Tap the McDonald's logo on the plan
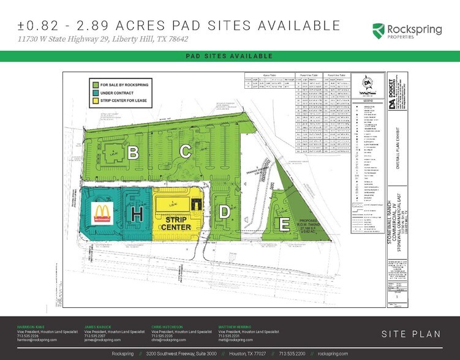[x=103, y=212]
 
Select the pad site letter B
[x=133, y=153]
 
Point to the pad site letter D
[x=225, y=212]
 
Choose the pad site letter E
[x=284, y=224]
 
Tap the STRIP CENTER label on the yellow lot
[x=176, y=222]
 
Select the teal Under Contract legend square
[x=95, y=92]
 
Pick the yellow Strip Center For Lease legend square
[x=95, y=100]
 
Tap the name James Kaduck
[x=97, y=326]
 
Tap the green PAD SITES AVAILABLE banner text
[x=230, y=56]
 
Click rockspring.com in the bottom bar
[x=333, y=354]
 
